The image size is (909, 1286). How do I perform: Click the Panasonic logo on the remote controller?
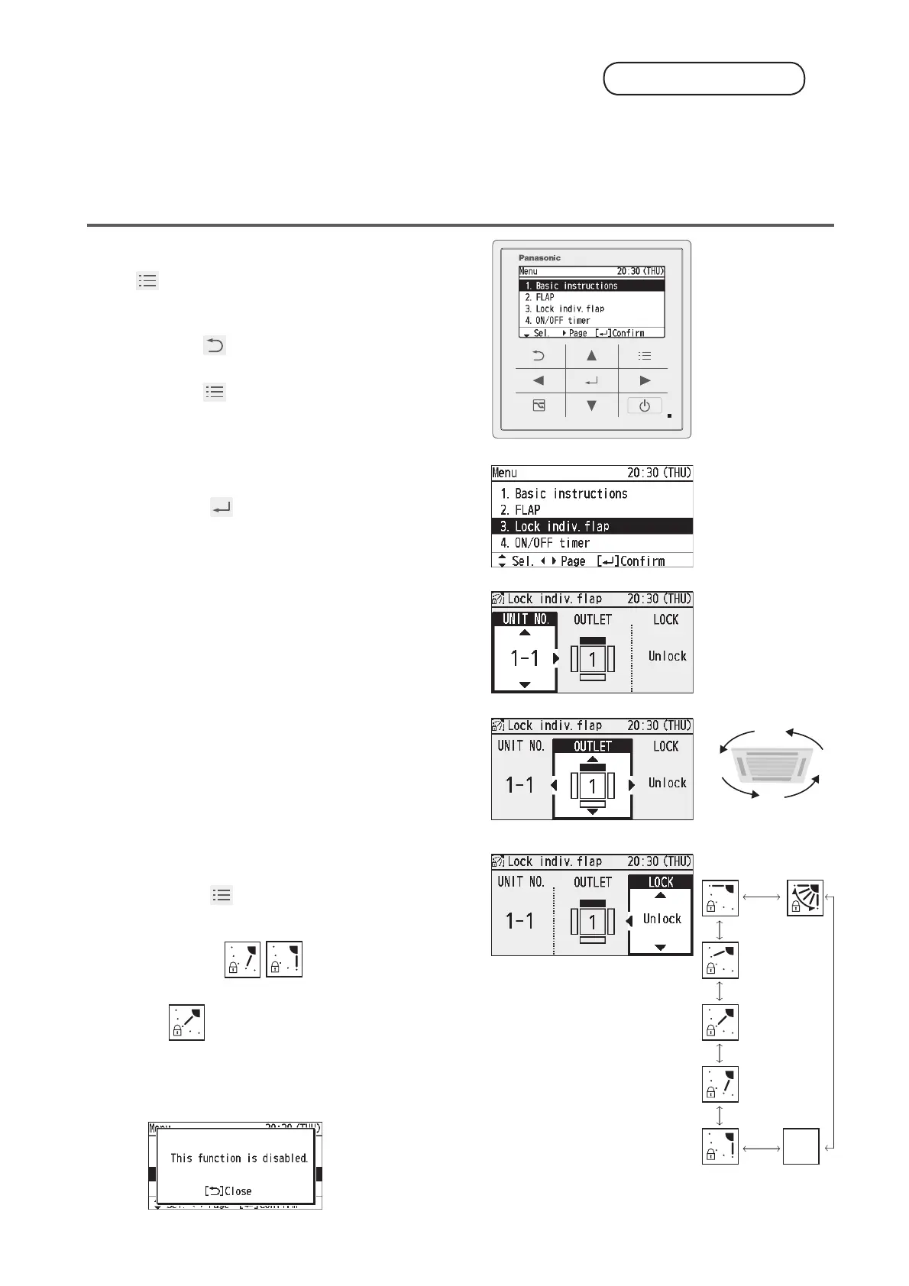click(x=539, y=258)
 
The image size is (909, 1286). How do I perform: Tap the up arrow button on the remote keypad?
click(x=591, y=356)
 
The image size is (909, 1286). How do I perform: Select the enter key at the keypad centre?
click(x=591, y=380)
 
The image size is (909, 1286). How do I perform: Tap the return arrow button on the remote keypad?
click(x=539, y=356)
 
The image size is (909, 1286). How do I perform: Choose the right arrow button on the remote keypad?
click(x=645, y=380)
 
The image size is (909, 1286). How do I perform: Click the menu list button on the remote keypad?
click(x=645, y=356)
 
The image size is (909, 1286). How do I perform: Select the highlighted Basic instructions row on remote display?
click(x=591, y=286)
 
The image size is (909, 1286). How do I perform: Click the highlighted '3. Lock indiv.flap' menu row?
click(x=592, y=526)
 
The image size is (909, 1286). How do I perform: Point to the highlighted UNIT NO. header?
click(x=526, y=619)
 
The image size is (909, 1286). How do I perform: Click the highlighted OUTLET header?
click(x=593, y=746)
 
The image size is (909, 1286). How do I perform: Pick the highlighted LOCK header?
click(x=661, y=882)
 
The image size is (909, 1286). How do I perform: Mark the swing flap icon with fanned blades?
click(x=805, y=898)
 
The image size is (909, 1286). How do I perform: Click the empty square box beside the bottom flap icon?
click(x=801, y=1146)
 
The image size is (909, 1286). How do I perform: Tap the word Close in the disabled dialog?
click(x=238, y=1191)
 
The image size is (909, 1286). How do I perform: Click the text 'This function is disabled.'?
click(x=238, y=1158)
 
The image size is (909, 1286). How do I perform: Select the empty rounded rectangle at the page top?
click(x=704, y=79)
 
